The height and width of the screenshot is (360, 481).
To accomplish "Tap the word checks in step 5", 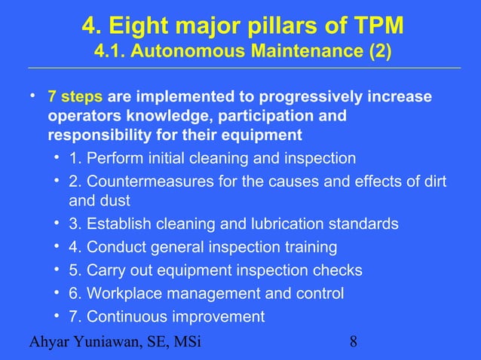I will tap(341, 270).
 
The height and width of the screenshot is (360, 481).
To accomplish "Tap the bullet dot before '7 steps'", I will tap(33, 98).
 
